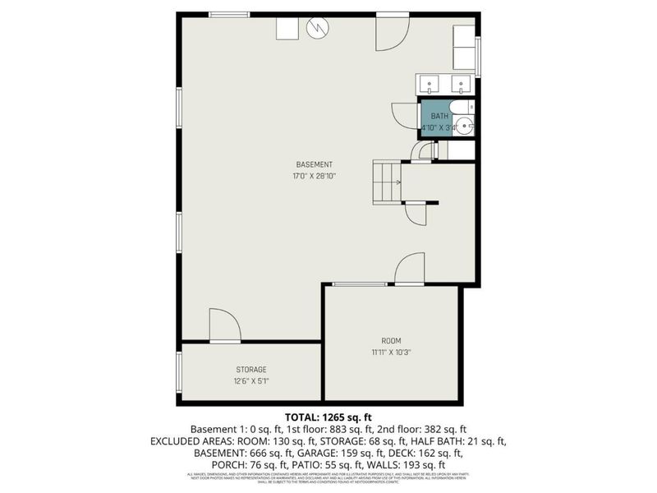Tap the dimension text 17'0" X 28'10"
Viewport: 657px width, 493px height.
[x=314, y=176]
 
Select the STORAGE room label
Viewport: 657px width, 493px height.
[x=251, y=370]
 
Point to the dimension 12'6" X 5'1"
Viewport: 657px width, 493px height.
[x=251, y=381]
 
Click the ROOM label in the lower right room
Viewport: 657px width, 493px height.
[x=391, y=341]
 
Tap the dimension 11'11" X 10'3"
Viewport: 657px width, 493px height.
[x=391, y=352]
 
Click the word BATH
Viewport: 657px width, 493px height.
[x=439, y=117]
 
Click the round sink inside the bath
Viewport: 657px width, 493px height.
[x=464, y=127]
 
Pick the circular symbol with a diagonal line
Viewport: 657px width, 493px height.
[x=317, y=29]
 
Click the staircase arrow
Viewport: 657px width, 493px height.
[x=397, y=182]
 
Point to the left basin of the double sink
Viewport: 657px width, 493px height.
[x=431, y=84]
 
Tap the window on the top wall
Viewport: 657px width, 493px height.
[x=228, y=14]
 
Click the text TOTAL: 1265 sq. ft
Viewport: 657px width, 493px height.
[x=328, y=417]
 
